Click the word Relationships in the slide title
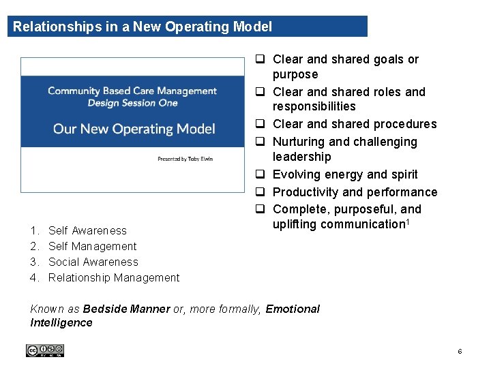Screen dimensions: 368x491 point(47,27)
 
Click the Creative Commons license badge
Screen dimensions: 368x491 point(44,350)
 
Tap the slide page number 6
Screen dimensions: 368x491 point(460,352)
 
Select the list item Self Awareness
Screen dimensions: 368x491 point(87,230)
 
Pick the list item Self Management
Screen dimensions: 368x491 point(92,246)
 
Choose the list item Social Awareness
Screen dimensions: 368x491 point(93,262)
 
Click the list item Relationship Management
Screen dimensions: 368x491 point(114,277)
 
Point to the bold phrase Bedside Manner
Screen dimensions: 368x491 point(126,309)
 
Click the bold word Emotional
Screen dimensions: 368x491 point(293,309)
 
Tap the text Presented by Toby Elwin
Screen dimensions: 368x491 point(185,159)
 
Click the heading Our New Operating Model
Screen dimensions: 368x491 point(134,129)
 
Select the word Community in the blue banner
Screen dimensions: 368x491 point(74,91)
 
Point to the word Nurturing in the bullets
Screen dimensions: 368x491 point(299,142)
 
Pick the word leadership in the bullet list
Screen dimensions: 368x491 point(301,157)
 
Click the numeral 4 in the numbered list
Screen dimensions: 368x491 point(34,277)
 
